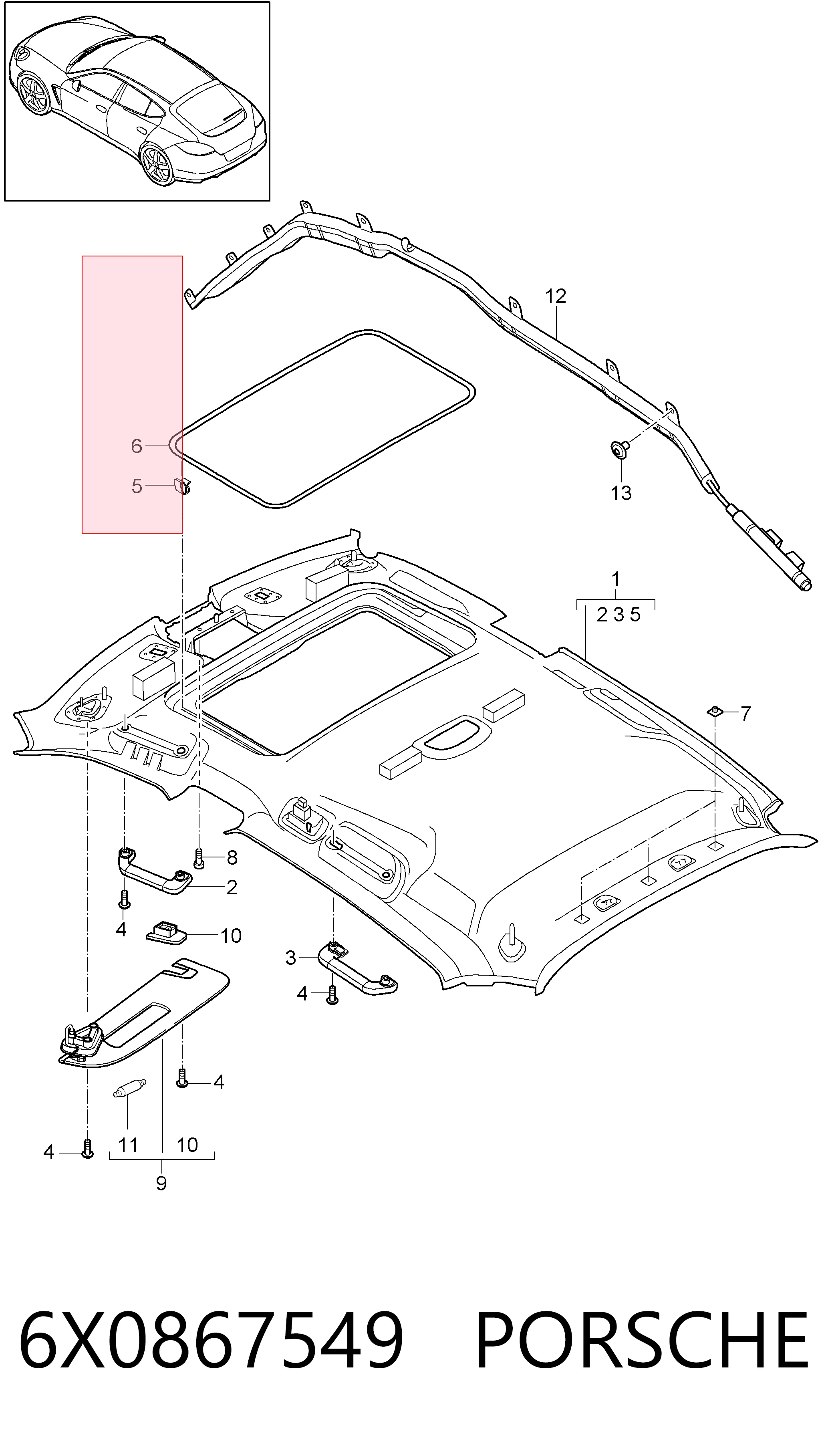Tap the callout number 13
621,492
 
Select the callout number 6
137,446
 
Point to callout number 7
745,713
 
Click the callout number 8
232,858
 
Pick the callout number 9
161,1184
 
